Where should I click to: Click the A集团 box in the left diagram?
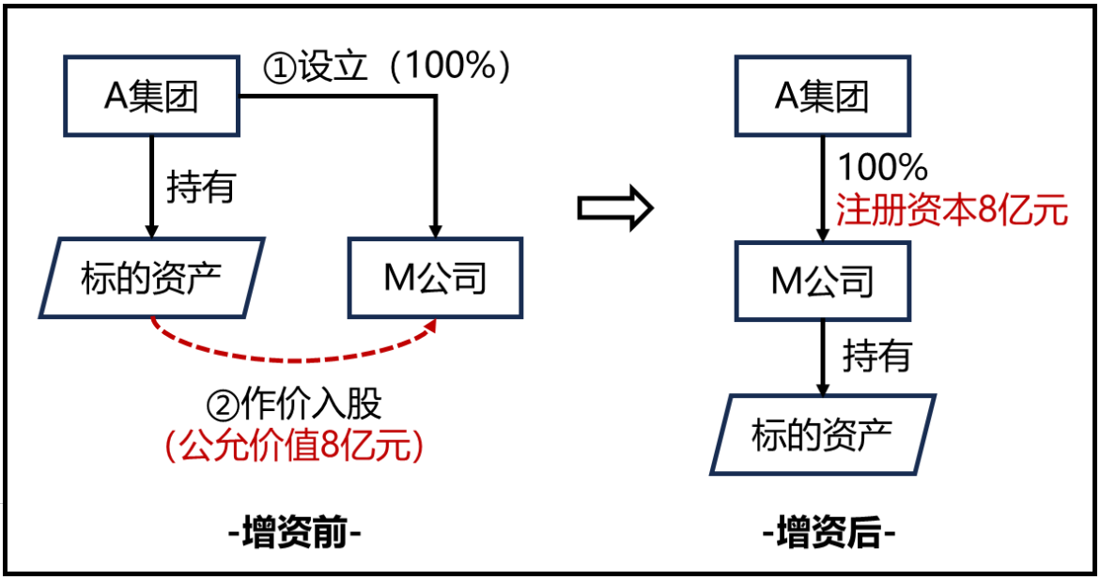click(x=152, y=97)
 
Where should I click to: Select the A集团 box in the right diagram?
click(x=822, y=97)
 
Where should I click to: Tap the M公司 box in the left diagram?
click(x=435, y=277)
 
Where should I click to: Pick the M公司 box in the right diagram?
click(x=822, y=281)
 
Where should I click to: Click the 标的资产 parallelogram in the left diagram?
click(x=151, y=277)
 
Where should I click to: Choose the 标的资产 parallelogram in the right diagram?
click(x=822, y=434)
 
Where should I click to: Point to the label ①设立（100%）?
click(x=386, y=68)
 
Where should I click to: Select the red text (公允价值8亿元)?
click(x=294, y=446)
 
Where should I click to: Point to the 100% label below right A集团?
click(x=882, y=167)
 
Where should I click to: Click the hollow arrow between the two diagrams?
click(x=614, y=208)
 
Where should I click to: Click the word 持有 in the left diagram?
click(x=200, y=188)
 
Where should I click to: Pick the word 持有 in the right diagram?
click(x=876, y=356)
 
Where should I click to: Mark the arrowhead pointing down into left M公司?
click(x=435, y=230)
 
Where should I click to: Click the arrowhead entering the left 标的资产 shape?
click(x=151, y=230)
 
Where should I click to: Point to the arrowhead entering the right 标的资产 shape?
click(x=823, y=387)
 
